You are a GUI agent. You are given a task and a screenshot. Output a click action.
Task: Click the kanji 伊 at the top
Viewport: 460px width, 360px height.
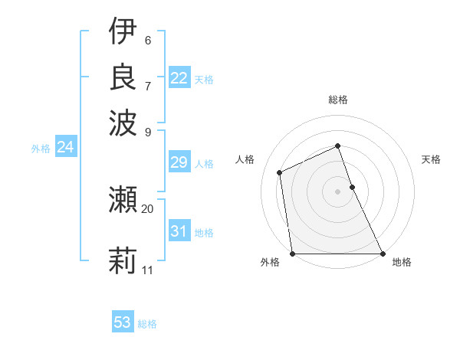[123, 32]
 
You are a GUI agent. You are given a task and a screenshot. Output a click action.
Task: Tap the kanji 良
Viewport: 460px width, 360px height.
[123, 76]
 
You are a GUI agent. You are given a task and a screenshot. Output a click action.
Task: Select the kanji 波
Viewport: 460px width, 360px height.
[123, 120]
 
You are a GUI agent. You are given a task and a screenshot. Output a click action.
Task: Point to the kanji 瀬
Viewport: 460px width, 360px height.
[123, 200]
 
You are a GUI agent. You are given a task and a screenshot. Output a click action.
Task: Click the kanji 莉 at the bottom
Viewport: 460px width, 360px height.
[123, 260]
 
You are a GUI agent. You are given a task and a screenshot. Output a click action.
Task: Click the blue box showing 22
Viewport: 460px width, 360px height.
[179, 77]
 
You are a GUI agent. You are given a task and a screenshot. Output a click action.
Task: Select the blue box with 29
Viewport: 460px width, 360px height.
[179, 162]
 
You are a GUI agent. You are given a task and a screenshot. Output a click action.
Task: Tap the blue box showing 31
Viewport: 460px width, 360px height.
[179, 231]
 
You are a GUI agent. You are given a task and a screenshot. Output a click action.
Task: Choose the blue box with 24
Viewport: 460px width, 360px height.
[65, 147]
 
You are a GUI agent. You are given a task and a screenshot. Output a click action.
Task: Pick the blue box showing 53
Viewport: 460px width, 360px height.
[122, 322]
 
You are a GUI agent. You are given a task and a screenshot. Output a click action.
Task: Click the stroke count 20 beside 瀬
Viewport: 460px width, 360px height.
[147, 208]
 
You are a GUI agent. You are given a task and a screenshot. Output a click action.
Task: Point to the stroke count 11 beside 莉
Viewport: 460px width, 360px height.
[147, 270]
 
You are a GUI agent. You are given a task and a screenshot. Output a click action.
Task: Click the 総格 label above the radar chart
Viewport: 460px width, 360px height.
[337, 100]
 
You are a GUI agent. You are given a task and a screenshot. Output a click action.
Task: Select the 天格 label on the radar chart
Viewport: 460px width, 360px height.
[431, 159]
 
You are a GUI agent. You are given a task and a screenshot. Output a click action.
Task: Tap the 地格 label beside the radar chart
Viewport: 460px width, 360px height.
[402, 262]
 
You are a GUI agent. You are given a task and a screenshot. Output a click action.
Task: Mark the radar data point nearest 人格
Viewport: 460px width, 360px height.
[280, 172]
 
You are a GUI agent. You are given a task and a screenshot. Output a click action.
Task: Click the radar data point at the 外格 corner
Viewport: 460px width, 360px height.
[293, 253]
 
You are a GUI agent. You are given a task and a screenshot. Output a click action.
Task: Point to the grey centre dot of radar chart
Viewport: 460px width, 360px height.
[337, 191]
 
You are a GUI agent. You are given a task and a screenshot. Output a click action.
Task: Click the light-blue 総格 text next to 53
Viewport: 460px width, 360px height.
[147, 324]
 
